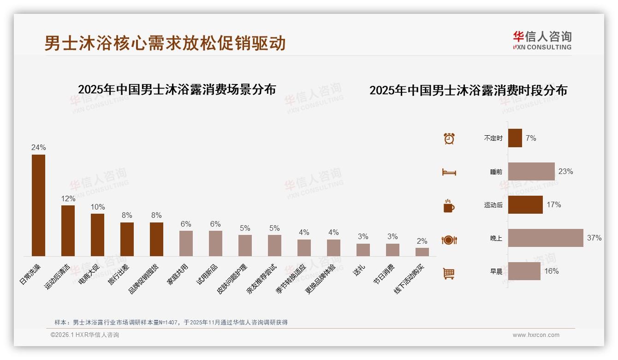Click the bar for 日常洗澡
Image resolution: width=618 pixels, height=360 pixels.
click(x=38, y=205)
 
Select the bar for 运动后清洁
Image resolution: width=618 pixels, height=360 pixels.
click(x=68, y=231)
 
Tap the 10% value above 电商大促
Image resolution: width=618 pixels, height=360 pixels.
click(x=98, y=207)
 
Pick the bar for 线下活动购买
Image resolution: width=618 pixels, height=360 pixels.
click(x=422, y=252)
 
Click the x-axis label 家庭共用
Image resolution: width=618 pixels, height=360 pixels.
click(x=178, y=274)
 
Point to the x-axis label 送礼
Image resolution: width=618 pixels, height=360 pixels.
click(x=360, y=270)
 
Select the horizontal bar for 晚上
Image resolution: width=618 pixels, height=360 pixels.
click(x=546, y=238)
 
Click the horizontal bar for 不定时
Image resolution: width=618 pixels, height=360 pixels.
click(x=515, y=138)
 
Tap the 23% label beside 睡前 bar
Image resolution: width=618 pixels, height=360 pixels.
click(x=565, y=172)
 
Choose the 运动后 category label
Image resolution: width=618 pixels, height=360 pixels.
click(x=493, y=205)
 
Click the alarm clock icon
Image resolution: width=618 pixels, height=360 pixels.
click(x=449, y=138)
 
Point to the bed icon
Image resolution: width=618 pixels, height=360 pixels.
click(x=449, y=172)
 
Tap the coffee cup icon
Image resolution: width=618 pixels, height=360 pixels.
click(x=449, y=206)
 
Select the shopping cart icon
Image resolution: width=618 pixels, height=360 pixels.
click(x=449, y=274)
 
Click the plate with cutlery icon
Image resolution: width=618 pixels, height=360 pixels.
click(x=449, y=240)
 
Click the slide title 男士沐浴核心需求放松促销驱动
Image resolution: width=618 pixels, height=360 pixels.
click(x=165, y=43)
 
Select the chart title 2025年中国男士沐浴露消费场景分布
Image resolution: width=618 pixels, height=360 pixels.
click(x=177, y=90)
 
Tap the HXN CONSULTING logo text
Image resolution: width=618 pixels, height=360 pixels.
click(x=542, y=47)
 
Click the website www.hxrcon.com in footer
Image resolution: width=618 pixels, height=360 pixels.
click(x=536, y=335)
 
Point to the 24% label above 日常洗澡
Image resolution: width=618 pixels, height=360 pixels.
click(x=38, y=148)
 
